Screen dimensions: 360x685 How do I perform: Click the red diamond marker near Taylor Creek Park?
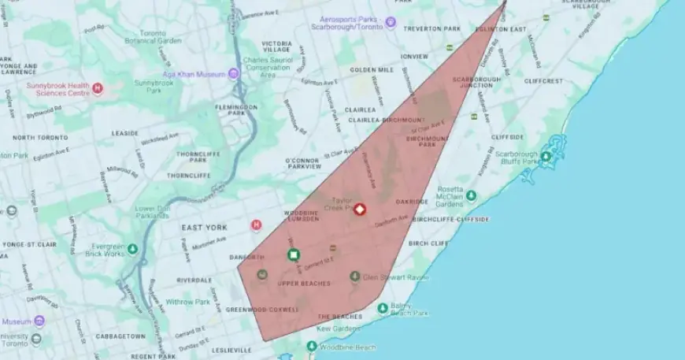[x=360, y=210]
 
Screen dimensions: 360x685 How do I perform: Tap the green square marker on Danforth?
[x=294, y=254]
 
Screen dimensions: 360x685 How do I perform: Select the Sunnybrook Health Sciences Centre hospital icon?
[x=98, y=88]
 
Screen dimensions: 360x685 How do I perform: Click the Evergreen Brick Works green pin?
[x=132, y=249]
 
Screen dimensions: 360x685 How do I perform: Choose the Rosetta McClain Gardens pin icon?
[x=471, y=195]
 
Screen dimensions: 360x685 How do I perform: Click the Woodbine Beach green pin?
[x=312, y=347]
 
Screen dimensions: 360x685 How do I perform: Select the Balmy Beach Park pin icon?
[x=383, y=308]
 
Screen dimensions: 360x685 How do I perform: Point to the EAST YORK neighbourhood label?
[x=204, y=228]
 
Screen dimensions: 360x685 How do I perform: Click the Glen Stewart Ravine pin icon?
[x=355, y=276]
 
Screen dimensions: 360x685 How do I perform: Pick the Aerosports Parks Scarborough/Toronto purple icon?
[x=390, y=22]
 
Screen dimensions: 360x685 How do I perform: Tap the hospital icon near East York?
[x=256, y=225]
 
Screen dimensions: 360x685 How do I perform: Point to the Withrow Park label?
[x=188, y=302]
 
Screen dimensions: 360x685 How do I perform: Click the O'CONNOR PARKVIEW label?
[x=303, y=163]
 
